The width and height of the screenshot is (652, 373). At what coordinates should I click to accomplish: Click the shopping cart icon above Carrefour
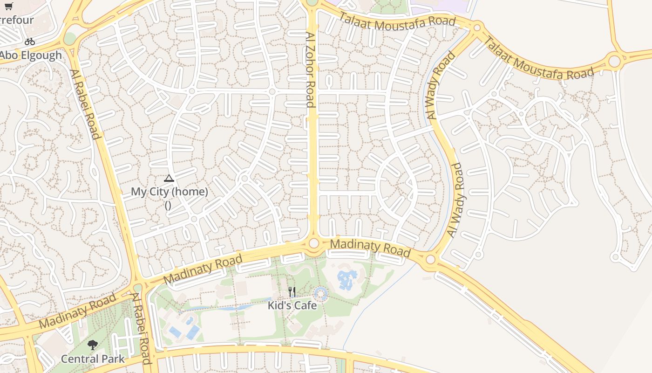click(x=8, y=6)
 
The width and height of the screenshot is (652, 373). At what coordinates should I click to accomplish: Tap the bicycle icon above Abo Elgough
click(x=30, y=41)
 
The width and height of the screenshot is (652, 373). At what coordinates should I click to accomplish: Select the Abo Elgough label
click(x=30, y=55)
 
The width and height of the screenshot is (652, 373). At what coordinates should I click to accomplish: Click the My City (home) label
click(x=169, y=192)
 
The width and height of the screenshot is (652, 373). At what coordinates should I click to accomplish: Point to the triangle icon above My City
click(x=169, y=178)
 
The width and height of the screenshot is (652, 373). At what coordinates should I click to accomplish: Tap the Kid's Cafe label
click(x=292, y=305)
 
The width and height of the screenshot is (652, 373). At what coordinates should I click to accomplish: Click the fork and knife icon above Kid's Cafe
click(x=292, y=292)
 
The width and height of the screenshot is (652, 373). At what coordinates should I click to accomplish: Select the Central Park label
click(x=93, y=359)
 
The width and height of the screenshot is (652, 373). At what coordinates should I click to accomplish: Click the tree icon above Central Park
click(x=93, y=345)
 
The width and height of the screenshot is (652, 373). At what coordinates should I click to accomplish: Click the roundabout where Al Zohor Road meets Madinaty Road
click(x=313, y=243)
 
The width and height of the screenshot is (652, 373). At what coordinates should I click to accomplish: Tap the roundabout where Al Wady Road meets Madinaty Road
click(x=431, y=259)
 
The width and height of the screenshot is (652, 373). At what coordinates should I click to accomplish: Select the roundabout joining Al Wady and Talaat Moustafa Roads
click(x=476, y=28)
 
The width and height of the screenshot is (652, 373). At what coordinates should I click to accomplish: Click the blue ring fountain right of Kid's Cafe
click(x=320, y=294)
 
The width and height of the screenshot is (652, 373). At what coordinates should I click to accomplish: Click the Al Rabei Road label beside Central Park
click(x=141, y=329)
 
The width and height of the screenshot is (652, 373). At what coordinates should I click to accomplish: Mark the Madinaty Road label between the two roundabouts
click(x=370, y=248)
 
